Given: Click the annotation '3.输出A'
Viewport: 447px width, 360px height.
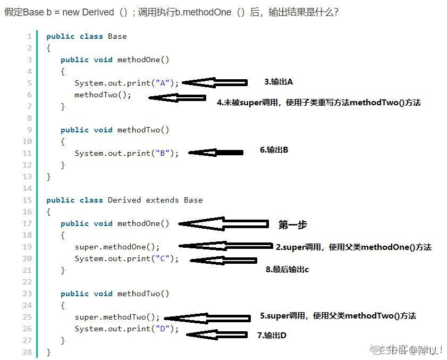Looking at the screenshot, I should coord(279,82).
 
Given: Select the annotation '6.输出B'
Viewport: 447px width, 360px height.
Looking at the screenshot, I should coord(274,150).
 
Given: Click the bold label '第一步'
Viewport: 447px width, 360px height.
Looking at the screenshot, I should coord(293,225).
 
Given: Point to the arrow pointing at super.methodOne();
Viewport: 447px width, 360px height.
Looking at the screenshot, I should coord(225,246).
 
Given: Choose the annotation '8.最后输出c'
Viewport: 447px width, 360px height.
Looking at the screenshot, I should coord(287,270).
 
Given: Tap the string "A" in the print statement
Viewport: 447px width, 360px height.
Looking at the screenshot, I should coord(163,83).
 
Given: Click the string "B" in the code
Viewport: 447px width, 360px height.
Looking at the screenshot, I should coord(163,153).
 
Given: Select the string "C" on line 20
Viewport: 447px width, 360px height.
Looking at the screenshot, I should coord(163,258).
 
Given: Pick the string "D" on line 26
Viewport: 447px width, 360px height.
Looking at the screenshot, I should coord(163,329).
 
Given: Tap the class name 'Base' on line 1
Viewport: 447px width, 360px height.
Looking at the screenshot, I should coord(117,36).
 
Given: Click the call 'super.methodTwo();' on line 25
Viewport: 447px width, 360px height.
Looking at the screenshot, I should coord(117,317).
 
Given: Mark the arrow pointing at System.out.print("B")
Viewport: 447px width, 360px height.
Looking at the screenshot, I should coord(216,153).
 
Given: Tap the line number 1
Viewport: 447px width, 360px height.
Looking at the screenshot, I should coord(29,36).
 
